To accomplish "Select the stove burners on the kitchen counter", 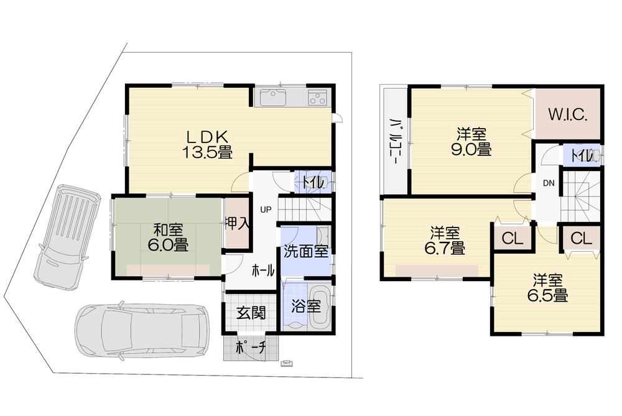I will pyautogui.click(x=317, y=98).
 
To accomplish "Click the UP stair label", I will pyautogui.click(x=265, y=210).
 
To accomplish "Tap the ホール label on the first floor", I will pyautogui.click(x=263, y=270).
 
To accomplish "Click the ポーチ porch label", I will pyautogui.click(x=251, y=349).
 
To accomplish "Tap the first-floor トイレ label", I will pyautogui.click(x=312, y=182).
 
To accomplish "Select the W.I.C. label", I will pyautogui.click(x=568, y=114).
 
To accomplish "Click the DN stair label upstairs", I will pyautogui.click(x=548, y=182).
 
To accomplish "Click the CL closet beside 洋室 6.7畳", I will pyautogui.click(x=511, y=238).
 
